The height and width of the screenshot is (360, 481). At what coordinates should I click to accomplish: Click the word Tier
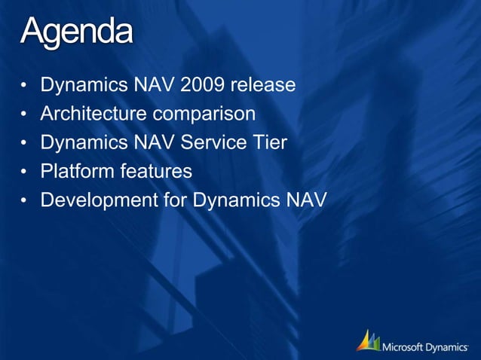[x=271, y=143]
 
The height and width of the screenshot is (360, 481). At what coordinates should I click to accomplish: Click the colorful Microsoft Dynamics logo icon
[x=368, y=340]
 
